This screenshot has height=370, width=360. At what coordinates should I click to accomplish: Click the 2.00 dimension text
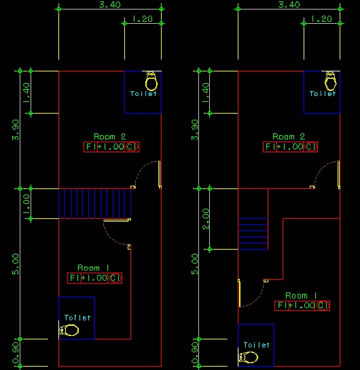(206, 219)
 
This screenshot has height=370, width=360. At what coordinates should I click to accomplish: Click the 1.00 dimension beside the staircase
(26, 204)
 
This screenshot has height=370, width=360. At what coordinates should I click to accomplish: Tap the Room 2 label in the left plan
(110, 137)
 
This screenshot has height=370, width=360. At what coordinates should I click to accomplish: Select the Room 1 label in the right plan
(301, 295)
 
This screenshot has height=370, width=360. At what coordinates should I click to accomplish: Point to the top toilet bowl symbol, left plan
(151, 81)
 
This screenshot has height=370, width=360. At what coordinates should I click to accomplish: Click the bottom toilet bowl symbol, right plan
(248, 357)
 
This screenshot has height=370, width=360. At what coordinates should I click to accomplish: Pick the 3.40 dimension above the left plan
(110, 5)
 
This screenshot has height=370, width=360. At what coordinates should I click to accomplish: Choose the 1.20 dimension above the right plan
(321, 19)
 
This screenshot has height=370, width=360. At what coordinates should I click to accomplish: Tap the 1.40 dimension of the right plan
(206, 92)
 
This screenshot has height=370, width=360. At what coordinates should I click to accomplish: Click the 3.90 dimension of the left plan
(16, 130)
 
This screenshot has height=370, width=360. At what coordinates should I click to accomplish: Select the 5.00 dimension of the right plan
(195, 264)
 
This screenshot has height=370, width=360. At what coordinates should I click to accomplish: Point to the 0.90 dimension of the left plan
(16, 353)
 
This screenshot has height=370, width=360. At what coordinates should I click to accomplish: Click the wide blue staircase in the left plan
(95, 203)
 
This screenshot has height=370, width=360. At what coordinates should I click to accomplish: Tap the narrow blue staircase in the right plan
(253, 234)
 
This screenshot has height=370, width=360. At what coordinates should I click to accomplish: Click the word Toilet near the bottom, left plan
(77, 318)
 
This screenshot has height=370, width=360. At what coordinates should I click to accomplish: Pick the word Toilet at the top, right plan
(323, 94)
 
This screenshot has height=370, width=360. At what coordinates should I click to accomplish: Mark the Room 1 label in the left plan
(93, 268)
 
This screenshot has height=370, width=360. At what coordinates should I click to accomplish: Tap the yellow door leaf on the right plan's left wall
(239, 293)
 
